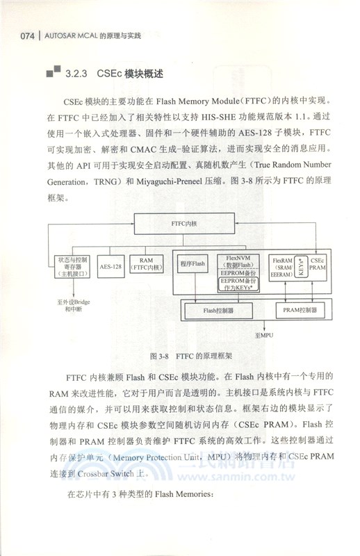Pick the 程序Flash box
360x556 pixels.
coord(192,265)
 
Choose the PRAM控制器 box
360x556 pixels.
coord(301,310)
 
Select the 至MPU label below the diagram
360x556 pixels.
coord(265,336)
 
